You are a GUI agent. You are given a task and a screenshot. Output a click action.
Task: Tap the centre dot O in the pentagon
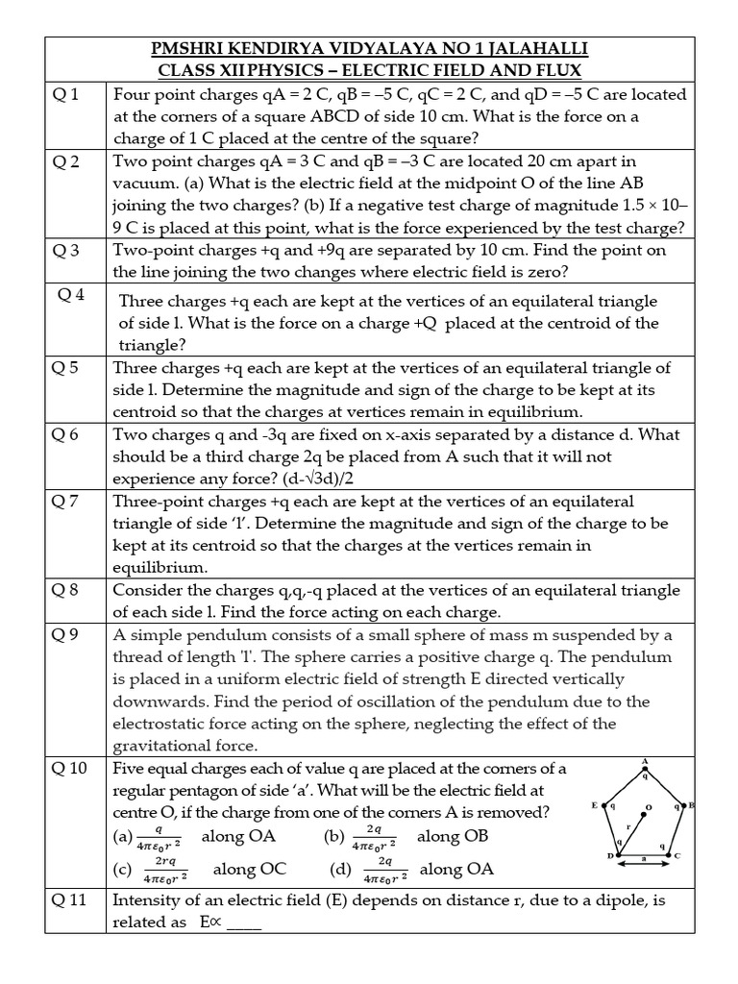[646, 807]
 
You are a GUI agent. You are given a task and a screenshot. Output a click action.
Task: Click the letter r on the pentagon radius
[627, 826]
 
